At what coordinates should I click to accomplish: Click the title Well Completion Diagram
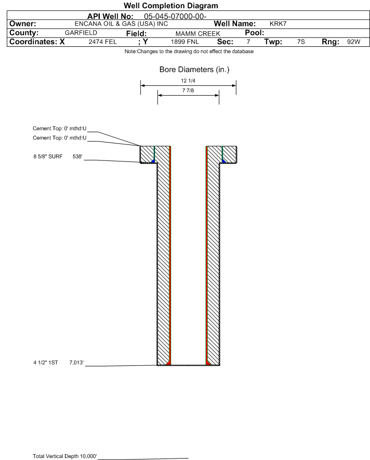(x=171, y=6)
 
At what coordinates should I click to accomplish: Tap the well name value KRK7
(x=278, y=24)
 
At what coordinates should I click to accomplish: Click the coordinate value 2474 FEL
(x=102, y=42)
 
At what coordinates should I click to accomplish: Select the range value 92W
(x=353, y=42)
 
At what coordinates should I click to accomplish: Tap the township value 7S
(x=301, y=42)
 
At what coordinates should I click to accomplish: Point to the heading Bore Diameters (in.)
(x=194, y=70)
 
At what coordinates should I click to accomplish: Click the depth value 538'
(x=78, y=157)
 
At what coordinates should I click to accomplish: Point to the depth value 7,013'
(x=77, y=363)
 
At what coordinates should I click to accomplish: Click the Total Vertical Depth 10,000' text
(x=65, y=456)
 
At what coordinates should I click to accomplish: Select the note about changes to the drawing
(x=189, y=52)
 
